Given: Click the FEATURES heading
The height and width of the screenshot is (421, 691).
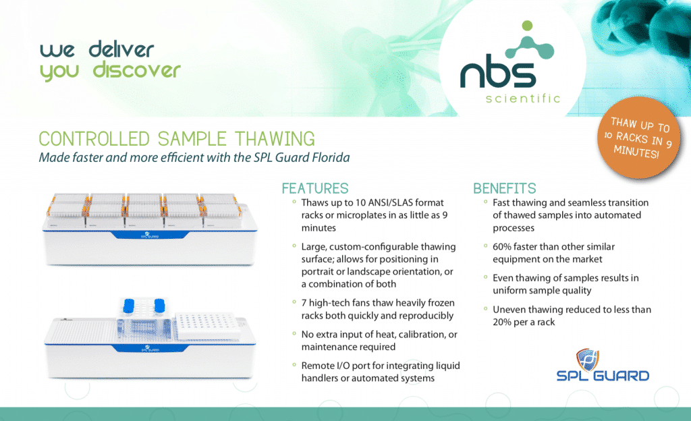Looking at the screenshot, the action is point(315,188).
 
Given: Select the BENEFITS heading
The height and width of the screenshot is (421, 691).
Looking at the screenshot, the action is point(505,188).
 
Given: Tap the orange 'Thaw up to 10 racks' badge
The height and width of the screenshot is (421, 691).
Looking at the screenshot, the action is point(638,138).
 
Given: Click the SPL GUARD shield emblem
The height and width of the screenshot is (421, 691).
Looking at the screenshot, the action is point(588,360).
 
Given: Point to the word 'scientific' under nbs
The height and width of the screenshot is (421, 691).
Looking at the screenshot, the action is point(523,99).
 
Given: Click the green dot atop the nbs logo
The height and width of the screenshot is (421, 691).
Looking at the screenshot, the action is point(527,26).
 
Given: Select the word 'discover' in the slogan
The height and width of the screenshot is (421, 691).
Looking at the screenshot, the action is point(136,70).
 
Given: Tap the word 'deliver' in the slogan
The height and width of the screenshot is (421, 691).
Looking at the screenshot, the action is point(121,49).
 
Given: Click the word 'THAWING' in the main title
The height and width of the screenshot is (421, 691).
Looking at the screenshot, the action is point(275,139).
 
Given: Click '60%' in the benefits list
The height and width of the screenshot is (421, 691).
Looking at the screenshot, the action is point(501,247).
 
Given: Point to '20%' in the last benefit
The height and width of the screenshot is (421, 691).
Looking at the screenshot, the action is point(501,322).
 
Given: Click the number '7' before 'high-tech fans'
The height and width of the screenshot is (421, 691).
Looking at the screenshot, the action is point(304,303).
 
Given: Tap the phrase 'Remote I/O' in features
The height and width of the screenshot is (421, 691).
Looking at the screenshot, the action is point(323,366).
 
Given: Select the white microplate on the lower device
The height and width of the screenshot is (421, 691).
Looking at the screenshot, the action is point(207,326).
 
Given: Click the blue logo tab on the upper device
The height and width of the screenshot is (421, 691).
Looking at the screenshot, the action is point(150,235).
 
